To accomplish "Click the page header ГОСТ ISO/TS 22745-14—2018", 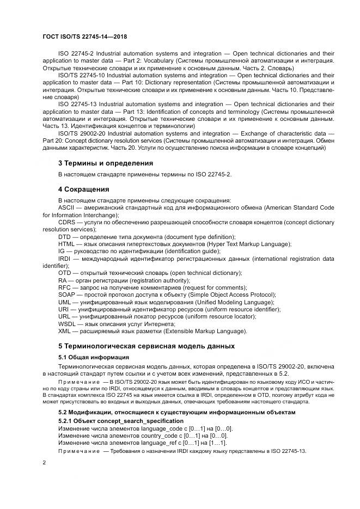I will (89, 37).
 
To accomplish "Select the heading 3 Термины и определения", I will (105, 163).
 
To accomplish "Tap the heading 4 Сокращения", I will (84, 189).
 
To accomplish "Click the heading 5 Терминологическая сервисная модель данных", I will (146, 346).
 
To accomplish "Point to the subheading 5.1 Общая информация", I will (93, 357).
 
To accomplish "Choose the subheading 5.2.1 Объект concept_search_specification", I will (120, 421).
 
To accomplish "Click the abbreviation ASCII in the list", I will (66, 208).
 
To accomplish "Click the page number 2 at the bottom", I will (45, 462).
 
